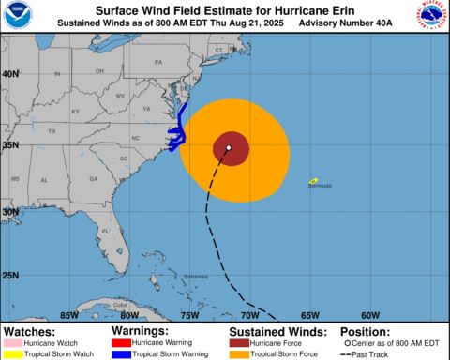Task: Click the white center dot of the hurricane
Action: tap(228, 147)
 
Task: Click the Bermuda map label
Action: tap(320, 186)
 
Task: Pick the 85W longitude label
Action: tap(68, 315)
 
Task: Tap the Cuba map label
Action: tap(119, 306)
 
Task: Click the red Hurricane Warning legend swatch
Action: tap(123, 342)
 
